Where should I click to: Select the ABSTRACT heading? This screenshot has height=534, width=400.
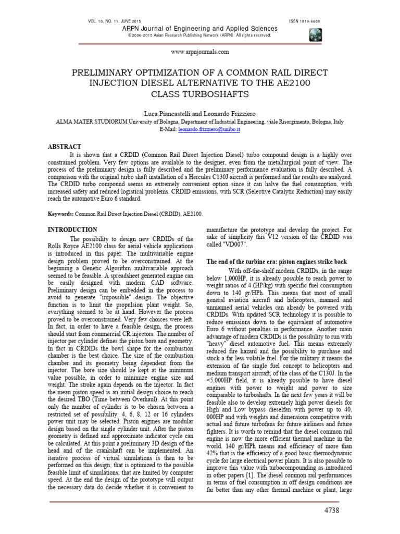(x=65, y=147)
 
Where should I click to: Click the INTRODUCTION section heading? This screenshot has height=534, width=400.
(x=72, y=229)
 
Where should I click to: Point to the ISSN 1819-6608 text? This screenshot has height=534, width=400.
(x=305, y=21)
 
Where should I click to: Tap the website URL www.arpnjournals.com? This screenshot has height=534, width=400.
(x=199, y=52)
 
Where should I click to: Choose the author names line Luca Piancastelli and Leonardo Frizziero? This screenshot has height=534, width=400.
(x=200, y=113)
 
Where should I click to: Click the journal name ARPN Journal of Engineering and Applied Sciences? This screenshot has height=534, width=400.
(x=199, y=28)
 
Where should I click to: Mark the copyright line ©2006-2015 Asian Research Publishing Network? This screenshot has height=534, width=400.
(x=199, y=35)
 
